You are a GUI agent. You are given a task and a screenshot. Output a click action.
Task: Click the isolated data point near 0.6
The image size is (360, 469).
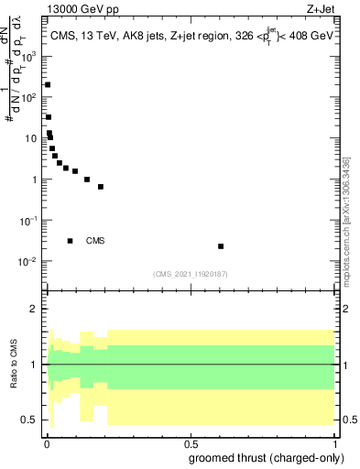[x=221, y=246]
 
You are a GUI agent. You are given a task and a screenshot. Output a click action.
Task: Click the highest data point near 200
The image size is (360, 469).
[x=48, y=84]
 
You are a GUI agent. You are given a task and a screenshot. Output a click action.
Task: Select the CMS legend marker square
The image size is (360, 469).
[x=71, y=241]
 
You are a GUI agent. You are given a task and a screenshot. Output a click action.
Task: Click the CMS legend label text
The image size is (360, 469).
[x=95, y=241]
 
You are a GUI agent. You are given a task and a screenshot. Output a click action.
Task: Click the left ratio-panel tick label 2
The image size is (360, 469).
[x=35, y=309]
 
